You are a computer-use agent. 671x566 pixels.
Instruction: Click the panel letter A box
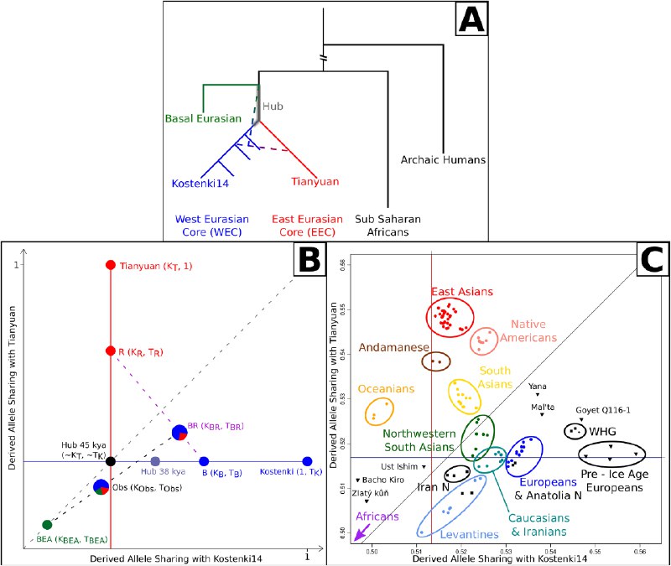[x=471, y=19]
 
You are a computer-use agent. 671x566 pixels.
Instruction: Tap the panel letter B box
[x=309, y=259]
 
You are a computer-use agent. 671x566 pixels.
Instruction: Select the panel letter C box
[x=653, y=259]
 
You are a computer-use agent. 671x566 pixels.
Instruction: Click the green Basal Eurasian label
[x=203, y=118]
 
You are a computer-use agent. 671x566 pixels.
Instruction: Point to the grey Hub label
[x=273, y=106]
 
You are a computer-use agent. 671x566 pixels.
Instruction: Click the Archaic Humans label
[x=443, y=159]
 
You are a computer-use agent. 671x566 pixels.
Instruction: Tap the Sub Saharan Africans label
[x=388, y=226]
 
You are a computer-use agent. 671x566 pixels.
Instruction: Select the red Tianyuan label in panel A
[x=315, y=181]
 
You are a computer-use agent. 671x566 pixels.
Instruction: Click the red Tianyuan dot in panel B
[x=111, y=265]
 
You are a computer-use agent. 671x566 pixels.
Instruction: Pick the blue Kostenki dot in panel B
[x=307, y=461]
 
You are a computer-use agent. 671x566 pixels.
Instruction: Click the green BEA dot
[x=47, y=525]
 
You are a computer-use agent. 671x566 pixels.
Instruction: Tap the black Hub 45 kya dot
[x=111, y=461]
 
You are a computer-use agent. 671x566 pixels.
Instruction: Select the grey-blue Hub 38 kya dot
[x=155, y=461]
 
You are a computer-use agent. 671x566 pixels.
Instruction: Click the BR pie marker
[x=179, y=433]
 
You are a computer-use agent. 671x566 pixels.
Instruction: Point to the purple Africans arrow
[x=362, y=532]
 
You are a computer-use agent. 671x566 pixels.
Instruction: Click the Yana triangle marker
[x=538, y=394]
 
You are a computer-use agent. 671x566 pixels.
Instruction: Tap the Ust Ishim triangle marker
[x=424, y=467]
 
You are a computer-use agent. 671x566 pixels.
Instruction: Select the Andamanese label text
[x=393, y=347]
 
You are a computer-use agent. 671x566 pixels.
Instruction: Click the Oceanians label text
[x=386, y=388]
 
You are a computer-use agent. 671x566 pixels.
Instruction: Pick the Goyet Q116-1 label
[x=603, y=410]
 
